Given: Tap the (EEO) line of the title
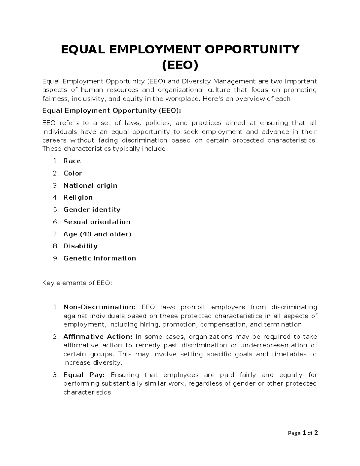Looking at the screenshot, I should tap(180, 65).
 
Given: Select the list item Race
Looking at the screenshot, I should tap(72, 161).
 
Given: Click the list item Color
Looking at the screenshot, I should tap(73, 173).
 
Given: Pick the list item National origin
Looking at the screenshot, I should tap(90, 185).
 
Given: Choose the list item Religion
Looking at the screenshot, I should tap(78, 197).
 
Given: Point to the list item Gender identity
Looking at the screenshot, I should tap(92, 210).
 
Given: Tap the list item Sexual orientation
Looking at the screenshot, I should tap(97, 222).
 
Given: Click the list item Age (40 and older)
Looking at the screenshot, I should tap(97, 234).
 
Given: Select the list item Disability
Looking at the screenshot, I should tap(80, 246).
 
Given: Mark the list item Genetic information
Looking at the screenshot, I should tap(100, 258).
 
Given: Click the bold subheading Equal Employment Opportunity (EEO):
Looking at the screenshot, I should tap(112, 111).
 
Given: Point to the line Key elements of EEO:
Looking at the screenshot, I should tap(77, 283).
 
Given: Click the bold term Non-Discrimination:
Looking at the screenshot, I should tap(99, 307).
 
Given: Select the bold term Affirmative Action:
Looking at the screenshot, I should tap(98, 337).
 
